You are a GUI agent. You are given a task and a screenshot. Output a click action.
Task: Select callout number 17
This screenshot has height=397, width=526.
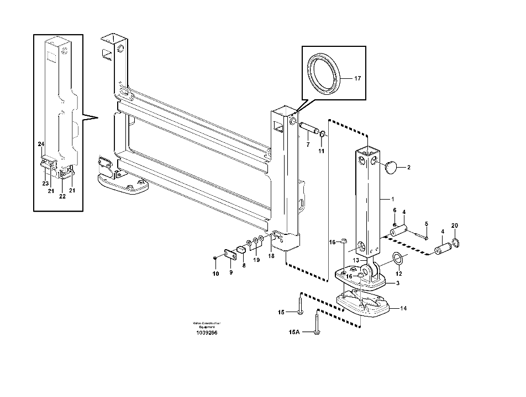(x=357, y=79)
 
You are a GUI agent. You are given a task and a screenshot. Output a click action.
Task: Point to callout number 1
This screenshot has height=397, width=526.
(x=393, y=198)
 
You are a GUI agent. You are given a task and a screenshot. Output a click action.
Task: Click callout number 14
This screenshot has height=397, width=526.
(x=403, y=308)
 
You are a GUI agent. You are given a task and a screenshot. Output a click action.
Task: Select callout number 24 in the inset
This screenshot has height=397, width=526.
(x=41, y=144)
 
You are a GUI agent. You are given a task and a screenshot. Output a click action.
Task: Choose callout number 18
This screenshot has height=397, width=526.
(x=271, y=256)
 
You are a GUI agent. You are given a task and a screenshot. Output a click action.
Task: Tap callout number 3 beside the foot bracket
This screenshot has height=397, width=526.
(x=397, y=283)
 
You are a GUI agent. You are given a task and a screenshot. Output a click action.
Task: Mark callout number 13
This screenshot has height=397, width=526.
(x=356, y=260)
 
